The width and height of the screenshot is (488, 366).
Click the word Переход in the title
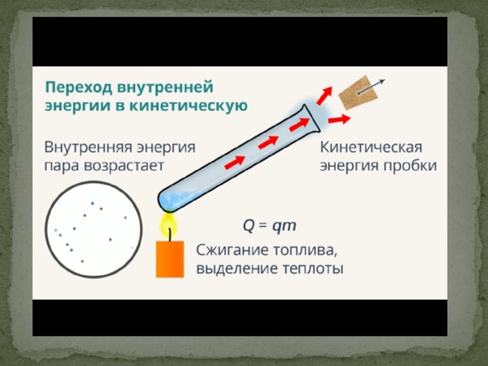tap(80, 87)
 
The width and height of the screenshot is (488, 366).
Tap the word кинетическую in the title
tap(188, 106)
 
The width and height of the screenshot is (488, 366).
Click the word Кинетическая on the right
tap(371, 147)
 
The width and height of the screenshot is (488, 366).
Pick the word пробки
tap(409, 165)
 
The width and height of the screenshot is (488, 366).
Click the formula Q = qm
tap(269, 226)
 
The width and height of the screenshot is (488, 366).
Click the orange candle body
tap(170, 259)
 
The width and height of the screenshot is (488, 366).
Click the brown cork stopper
tap(358, 92)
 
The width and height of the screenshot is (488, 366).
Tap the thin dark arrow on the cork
tap(371, 86)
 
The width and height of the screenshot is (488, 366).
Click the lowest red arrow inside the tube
tap(235, 162)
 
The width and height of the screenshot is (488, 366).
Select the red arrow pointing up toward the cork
tap(324, 95)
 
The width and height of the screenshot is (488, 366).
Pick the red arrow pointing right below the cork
tap(339, 119)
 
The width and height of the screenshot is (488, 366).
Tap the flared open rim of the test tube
tap(311, 118)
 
